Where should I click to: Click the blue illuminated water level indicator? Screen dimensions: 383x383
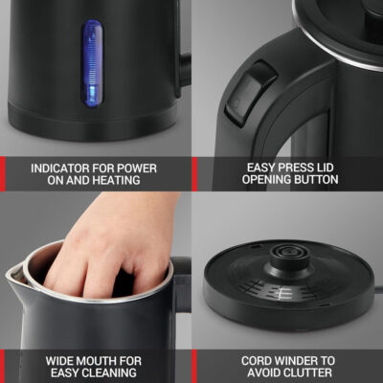coord(93,64)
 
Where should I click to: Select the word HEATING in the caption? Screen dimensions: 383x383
coord(116,180)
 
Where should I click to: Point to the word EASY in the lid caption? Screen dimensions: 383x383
coord(261,168)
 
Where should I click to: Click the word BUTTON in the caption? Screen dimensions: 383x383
coord(317,179)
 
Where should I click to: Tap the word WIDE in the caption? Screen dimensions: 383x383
coord(59,361)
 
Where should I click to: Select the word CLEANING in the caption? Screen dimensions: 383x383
coord(110,373)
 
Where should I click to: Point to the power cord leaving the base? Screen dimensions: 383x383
coord(378,290)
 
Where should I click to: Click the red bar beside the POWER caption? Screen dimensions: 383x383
coord(3,174)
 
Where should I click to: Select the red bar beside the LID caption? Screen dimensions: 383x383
coord(194,174)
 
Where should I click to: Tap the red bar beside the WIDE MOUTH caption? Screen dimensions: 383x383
coord(3,367)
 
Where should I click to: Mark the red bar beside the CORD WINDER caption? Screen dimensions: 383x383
coord(194,367)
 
